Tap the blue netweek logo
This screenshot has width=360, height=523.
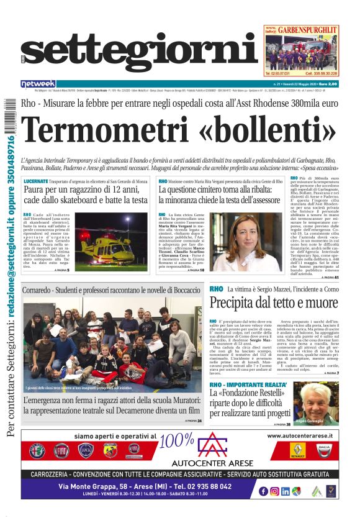[x=38, y=83]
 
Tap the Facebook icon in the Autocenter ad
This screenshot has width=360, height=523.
[x=263, y=491]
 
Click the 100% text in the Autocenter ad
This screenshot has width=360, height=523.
[x=176, y=440]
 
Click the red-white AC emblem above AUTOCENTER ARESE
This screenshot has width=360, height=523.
[x=209, y=445]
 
